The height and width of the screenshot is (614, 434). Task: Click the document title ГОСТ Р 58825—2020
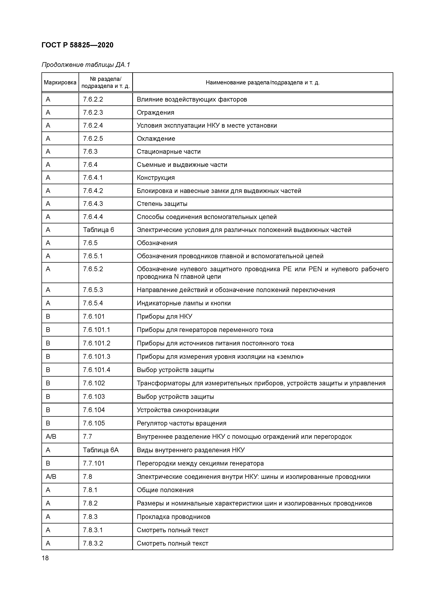(77, 45)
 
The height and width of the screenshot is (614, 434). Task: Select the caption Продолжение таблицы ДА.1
(86, 65)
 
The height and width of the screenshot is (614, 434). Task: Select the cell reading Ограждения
(155, 113)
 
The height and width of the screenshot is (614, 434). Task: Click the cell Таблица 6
(98, 230)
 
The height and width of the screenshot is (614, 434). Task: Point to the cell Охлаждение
(156, 138)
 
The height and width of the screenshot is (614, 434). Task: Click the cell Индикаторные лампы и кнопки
(184, 303)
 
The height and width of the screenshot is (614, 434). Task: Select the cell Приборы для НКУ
(164, 317)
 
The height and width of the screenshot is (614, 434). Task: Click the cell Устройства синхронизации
(178, 410)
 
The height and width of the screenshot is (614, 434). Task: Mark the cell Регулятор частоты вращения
(181, 423)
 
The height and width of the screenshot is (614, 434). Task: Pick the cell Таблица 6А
(101, 450)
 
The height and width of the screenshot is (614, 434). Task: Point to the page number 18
(45, 558)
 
